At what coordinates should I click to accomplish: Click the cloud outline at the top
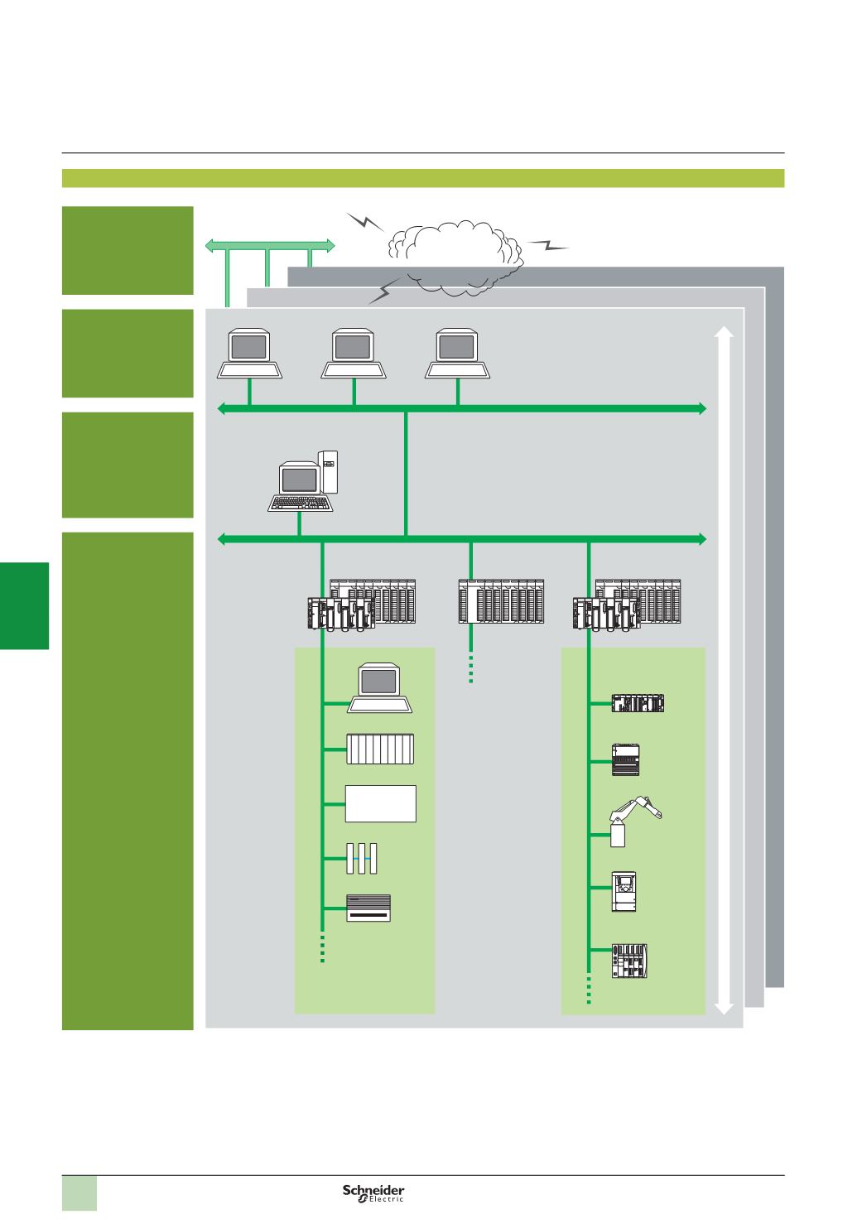click(455, 252)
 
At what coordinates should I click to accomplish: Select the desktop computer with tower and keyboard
click(307, 479)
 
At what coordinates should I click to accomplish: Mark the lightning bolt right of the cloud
click(547, 244)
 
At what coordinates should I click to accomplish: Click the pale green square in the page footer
click(80, 1192)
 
